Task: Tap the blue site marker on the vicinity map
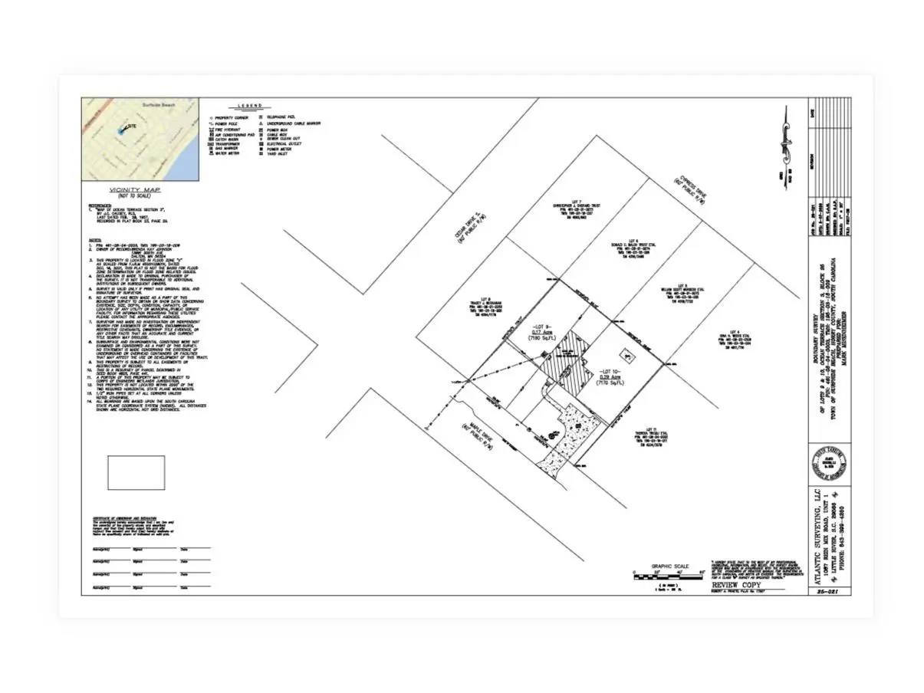click(x=120, y=132)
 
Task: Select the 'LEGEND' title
click(x=250, y=106)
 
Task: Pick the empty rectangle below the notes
click(x=136, y=473)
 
